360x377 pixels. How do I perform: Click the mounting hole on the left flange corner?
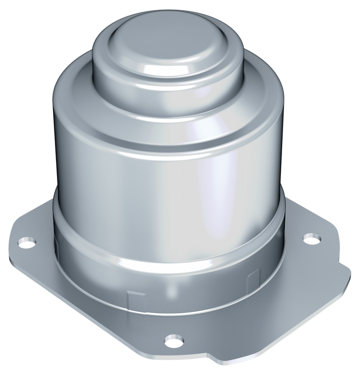(27, 242)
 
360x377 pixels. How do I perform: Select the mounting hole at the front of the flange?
(173, 340)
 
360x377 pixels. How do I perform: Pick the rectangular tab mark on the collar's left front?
(133, 298)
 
